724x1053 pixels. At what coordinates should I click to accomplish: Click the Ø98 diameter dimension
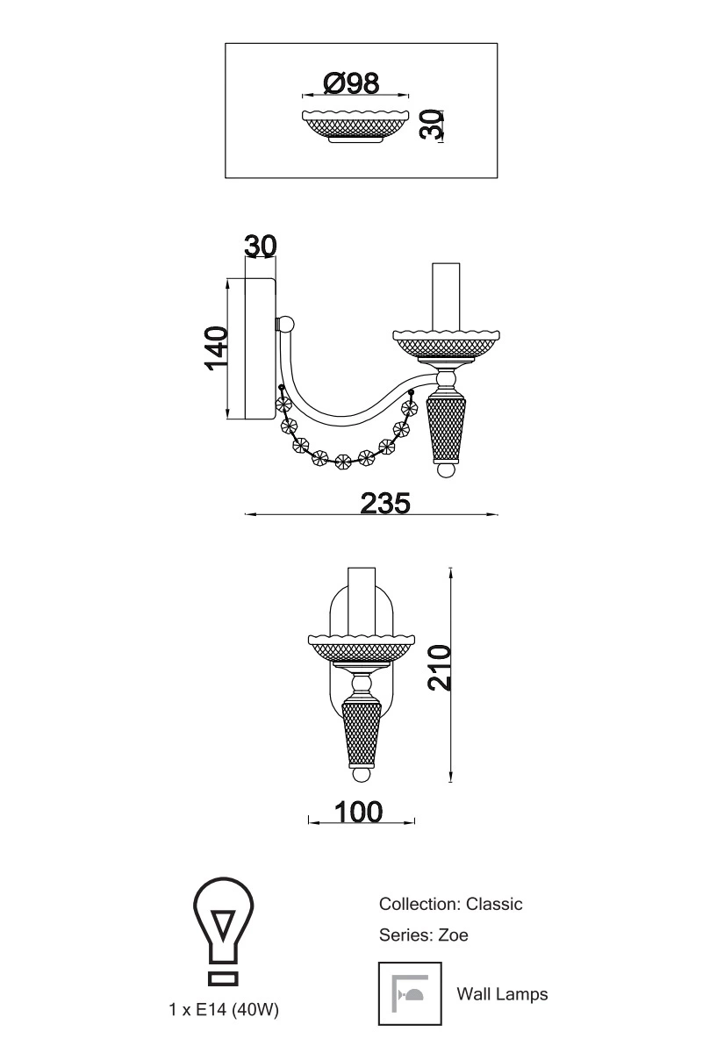[351, 83]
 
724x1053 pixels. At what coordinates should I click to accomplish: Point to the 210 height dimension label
[440, 668]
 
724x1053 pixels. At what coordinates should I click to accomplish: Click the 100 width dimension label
[359, 812]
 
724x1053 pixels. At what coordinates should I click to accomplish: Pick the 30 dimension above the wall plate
[261, 246]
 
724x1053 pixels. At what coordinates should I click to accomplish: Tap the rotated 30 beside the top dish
[431, 124]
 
